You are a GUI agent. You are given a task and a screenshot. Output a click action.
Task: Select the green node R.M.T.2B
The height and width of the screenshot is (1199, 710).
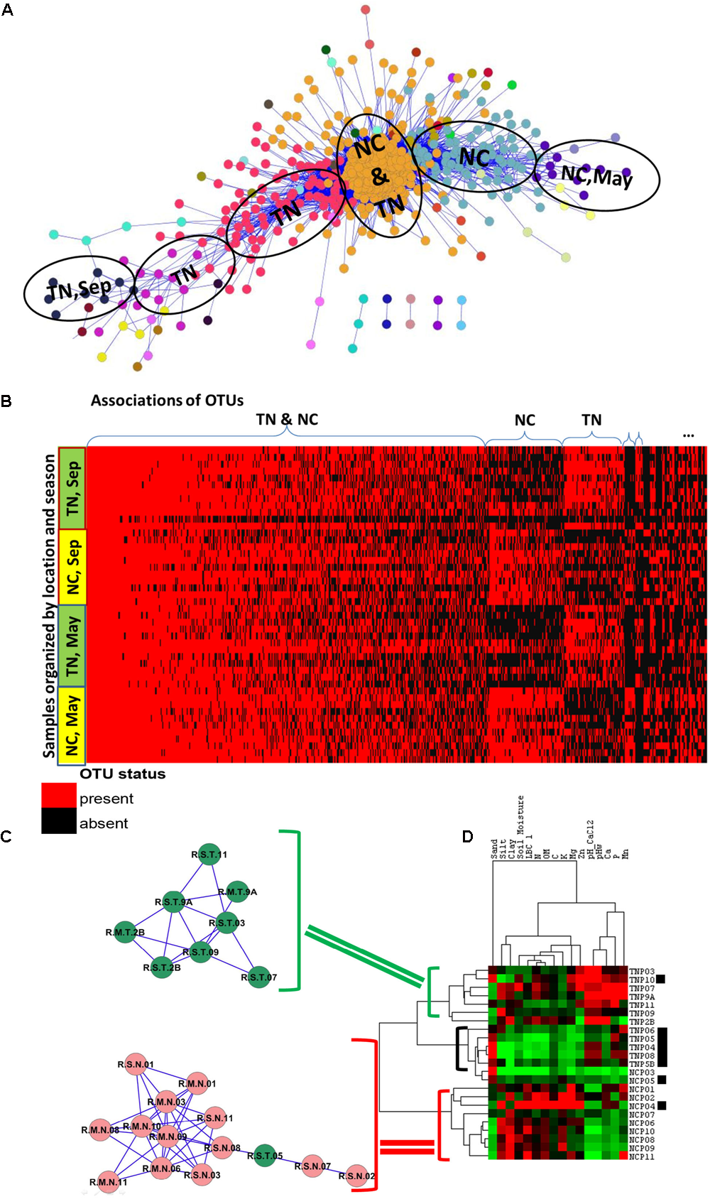pyautogui.click(x=126, y=933)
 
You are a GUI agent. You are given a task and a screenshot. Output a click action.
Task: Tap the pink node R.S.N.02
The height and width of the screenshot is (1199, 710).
pyautogui.click(x=356, y=1176)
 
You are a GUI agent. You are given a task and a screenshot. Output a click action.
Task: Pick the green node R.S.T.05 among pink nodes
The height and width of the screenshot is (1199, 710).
pyautogui.click(x=265, y=1156)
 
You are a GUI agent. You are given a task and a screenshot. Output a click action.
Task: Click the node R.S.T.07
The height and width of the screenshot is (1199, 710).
pyautogui.click(x=258, y=977)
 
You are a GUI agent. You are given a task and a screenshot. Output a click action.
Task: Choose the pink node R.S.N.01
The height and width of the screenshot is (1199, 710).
pyautogui.click(x=136, y=1065)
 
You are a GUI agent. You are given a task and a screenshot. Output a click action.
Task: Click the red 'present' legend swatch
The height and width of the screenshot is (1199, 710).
pyautogui.click(x=59, y=798)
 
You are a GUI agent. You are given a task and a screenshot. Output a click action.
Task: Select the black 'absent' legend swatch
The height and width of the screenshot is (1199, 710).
pyautogui.click(x=59, y=822)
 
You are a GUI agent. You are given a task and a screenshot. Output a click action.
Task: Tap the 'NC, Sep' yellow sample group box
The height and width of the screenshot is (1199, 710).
pyautogui.click(x=72, y=567)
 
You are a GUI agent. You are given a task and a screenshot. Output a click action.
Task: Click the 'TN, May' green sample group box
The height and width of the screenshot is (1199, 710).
pyautogui.click(x=72, y=646)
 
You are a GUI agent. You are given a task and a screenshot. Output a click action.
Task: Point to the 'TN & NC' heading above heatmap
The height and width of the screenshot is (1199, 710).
pyautogui.click(x=287, y=420)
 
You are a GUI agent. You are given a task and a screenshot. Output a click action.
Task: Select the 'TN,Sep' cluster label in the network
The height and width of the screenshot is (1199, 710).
pyautogui.click(x=79, y=288)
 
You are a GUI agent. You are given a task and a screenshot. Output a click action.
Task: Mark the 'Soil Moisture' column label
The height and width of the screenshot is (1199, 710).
pyautogui.click(x=521, y=826)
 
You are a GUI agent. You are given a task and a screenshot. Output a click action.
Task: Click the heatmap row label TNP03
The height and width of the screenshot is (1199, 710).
pyautogui.click(x=642, y=971)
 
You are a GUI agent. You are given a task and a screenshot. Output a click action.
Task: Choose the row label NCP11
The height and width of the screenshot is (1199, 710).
pyautogui.click(x=642, y=1157)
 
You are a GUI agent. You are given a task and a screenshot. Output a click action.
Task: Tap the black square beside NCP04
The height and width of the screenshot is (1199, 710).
pyautogui.click(x=661, y=1106)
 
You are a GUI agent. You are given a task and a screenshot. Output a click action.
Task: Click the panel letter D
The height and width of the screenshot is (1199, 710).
pyautogui.click(x=467, y=836)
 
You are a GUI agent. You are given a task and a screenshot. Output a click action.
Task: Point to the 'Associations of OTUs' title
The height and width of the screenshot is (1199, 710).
pyautogui.click(x=167, y=401)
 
